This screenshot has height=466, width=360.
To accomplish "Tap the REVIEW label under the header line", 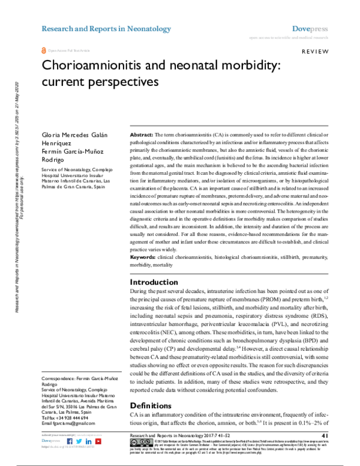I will click(314, 52).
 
